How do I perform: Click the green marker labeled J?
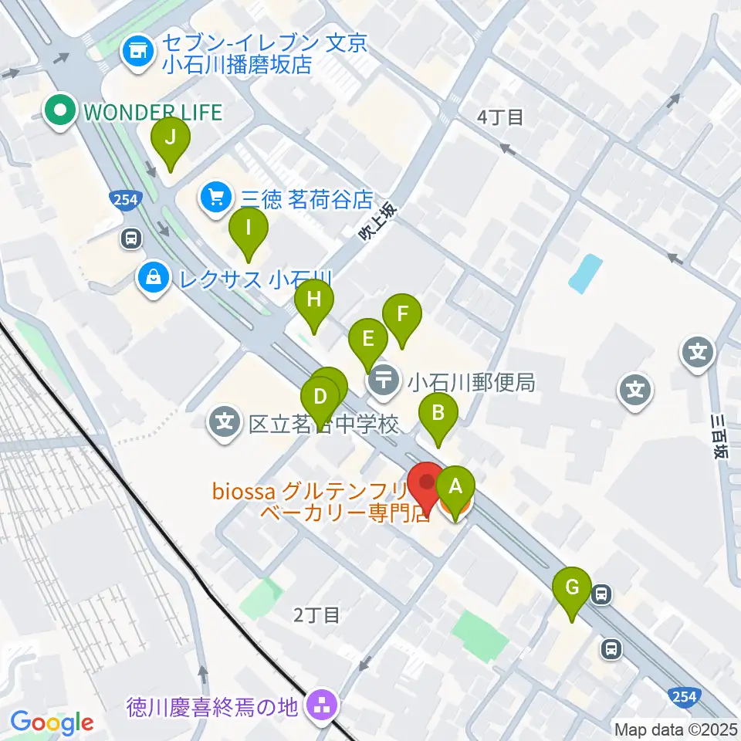point(171,140)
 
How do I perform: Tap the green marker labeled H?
point(313,301)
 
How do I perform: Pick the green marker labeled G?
point(572,588)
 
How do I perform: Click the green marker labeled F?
point(402,315)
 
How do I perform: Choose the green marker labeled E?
point(367,339)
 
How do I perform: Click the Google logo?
point(52,723)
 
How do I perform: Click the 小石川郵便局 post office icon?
point(384,380)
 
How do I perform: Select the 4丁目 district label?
point(500,117)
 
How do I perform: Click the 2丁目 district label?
point(316,615)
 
